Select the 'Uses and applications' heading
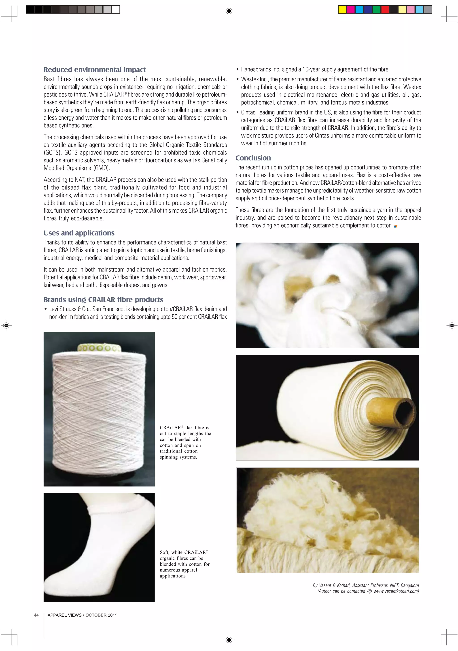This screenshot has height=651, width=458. [79, 233]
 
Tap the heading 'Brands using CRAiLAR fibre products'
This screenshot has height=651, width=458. [103, 300]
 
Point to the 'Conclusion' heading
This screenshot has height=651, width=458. [253, 158]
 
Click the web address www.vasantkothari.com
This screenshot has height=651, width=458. [396, 591]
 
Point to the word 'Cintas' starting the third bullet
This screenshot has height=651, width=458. [249, 113]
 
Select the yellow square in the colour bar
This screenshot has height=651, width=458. [342, 10]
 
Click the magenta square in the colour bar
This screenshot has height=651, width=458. [351, 10]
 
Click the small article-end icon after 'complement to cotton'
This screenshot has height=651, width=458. [396, 226]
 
